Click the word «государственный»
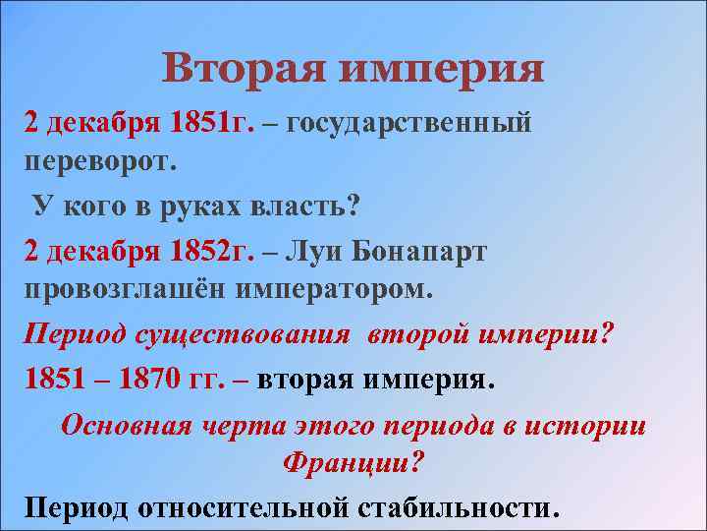click(411, 124)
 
